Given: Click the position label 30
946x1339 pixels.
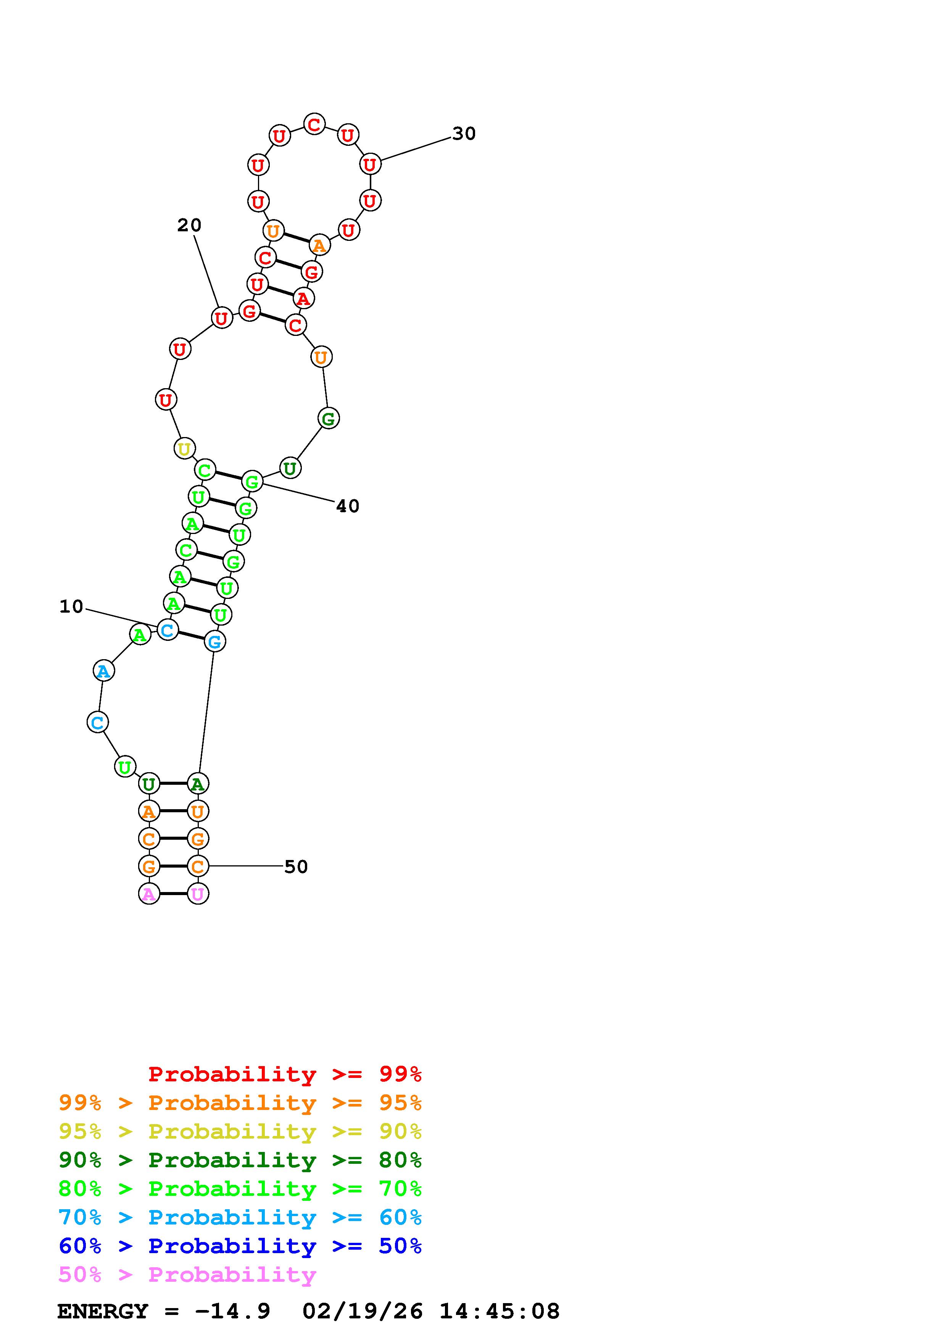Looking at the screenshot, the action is pos(464,134).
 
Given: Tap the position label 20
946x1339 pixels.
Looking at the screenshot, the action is pos(189,225).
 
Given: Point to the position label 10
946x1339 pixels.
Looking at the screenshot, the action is pos(71,607).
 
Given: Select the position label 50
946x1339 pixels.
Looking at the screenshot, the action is pos(296,866).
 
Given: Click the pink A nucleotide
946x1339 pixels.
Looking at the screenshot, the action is pos(149,894).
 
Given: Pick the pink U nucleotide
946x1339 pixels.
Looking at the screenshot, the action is pos(198,894).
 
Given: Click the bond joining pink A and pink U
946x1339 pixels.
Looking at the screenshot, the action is pos(173,894).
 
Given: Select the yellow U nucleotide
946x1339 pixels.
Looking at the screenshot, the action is pos(184,448).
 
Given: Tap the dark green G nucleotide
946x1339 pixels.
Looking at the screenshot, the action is pos(329,418).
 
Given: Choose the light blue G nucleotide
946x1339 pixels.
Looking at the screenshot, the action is pos(214,642).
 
